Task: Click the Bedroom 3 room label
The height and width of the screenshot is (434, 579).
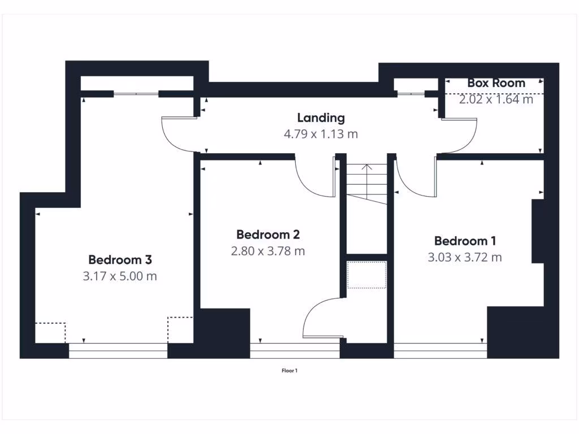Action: (x=120, y=260)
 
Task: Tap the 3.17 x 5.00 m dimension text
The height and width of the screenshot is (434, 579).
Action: (x=120, y=277)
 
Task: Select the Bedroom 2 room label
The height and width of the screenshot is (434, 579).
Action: (x=267, y=234)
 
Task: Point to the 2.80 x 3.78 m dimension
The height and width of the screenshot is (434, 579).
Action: (x=267, y=251)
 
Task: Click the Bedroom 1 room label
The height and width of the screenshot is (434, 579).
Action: (x=465, y=241)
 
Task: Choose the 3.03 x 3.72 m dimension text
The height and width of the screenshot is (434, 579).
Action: (x=465, y=258)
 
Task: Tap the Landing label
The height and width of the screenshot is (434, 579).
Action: (x=321, y=118)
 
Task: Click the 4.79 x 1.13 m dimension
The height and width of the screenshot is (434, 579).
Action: (x=321, y=134)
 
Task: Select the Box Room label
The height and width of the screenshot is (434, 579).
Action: (x=496, y=83)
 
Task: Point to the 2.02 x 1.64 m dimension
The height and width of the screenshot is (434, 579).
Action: (x=496, y=99)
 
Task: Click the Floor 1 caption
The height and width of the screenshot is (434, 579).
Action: (x=289, y=371)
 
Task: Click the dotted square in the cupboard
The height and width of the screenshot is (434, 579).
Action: (x=366, y=275)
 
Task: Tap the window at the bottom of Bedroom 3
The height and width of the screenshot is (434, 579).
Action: (x=118, y=351)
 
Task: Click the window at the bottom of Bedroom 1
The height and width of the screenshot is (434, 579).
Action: (x=440, y=351)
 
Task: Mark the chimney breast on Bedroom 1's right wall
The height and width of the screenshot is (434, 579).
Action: (x=538, y=231)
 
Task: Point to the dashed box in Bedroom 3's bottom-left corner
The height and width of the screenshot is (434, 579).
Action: (x=50, y=332)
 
